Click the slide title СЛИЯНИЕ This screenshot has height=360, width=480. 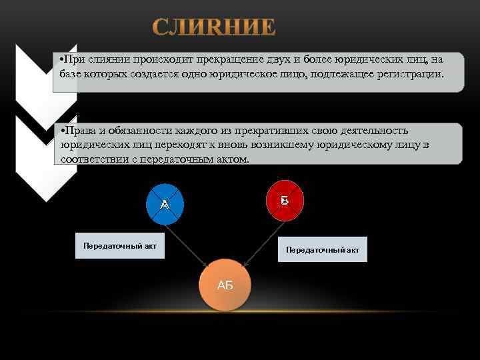tap(213, 27)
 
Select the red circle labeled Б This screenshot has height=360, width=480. tap(285, 199)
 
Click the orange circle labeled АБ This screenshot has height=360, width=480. tap(225, 285)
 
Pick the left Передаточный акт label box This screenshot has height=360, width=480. tap(120, 246)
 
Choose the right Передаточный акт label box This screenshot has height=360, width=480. tap(323, 249)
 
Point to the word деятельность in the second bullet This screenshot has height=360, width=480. tap(371, 130)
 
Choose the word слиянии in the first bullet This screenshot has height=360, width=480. tap(107, 60)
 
